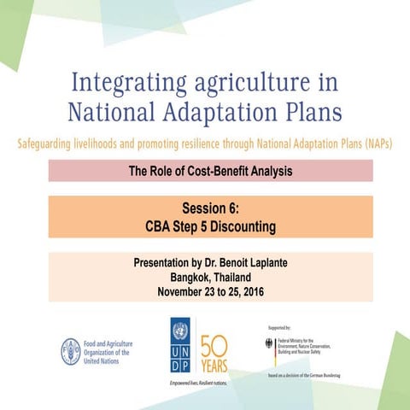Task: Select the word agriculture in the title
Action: coord(252,84)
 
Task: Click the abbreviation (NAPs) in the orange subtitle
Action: coord(376,143)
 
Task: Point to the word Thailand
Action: coord(236,277)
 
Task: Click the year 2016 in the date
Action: coord(248,291)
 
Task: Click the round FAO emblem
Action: coord(70,350)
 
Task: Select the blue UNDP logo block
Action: coord(181,346)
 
